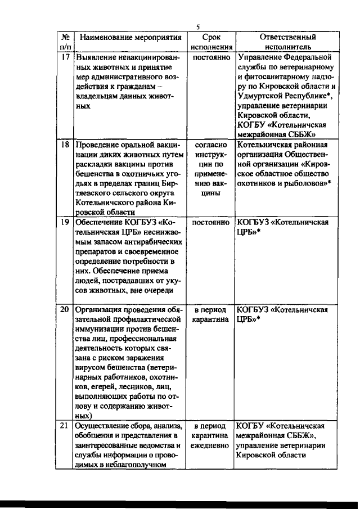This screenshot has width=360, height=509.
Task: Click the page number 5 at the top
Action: pyautogui.click(x=198, y=26)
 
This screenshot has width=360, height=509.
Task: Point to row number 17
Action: pyautogui.click(x=65, y=57)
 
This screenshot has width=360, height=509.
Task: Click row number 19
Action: pyautogui.click(x=65, y=222)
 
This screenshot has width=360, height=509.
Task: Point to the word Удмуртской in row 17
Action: pyautogui.click(x=262, y=96)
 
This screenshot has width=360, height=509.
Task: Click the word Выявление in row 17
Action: pyautogui.click(x=96, y=57)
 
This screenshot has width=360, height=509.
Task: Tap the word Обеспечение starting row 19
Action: pyautogui.click(x=101, y=222)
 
